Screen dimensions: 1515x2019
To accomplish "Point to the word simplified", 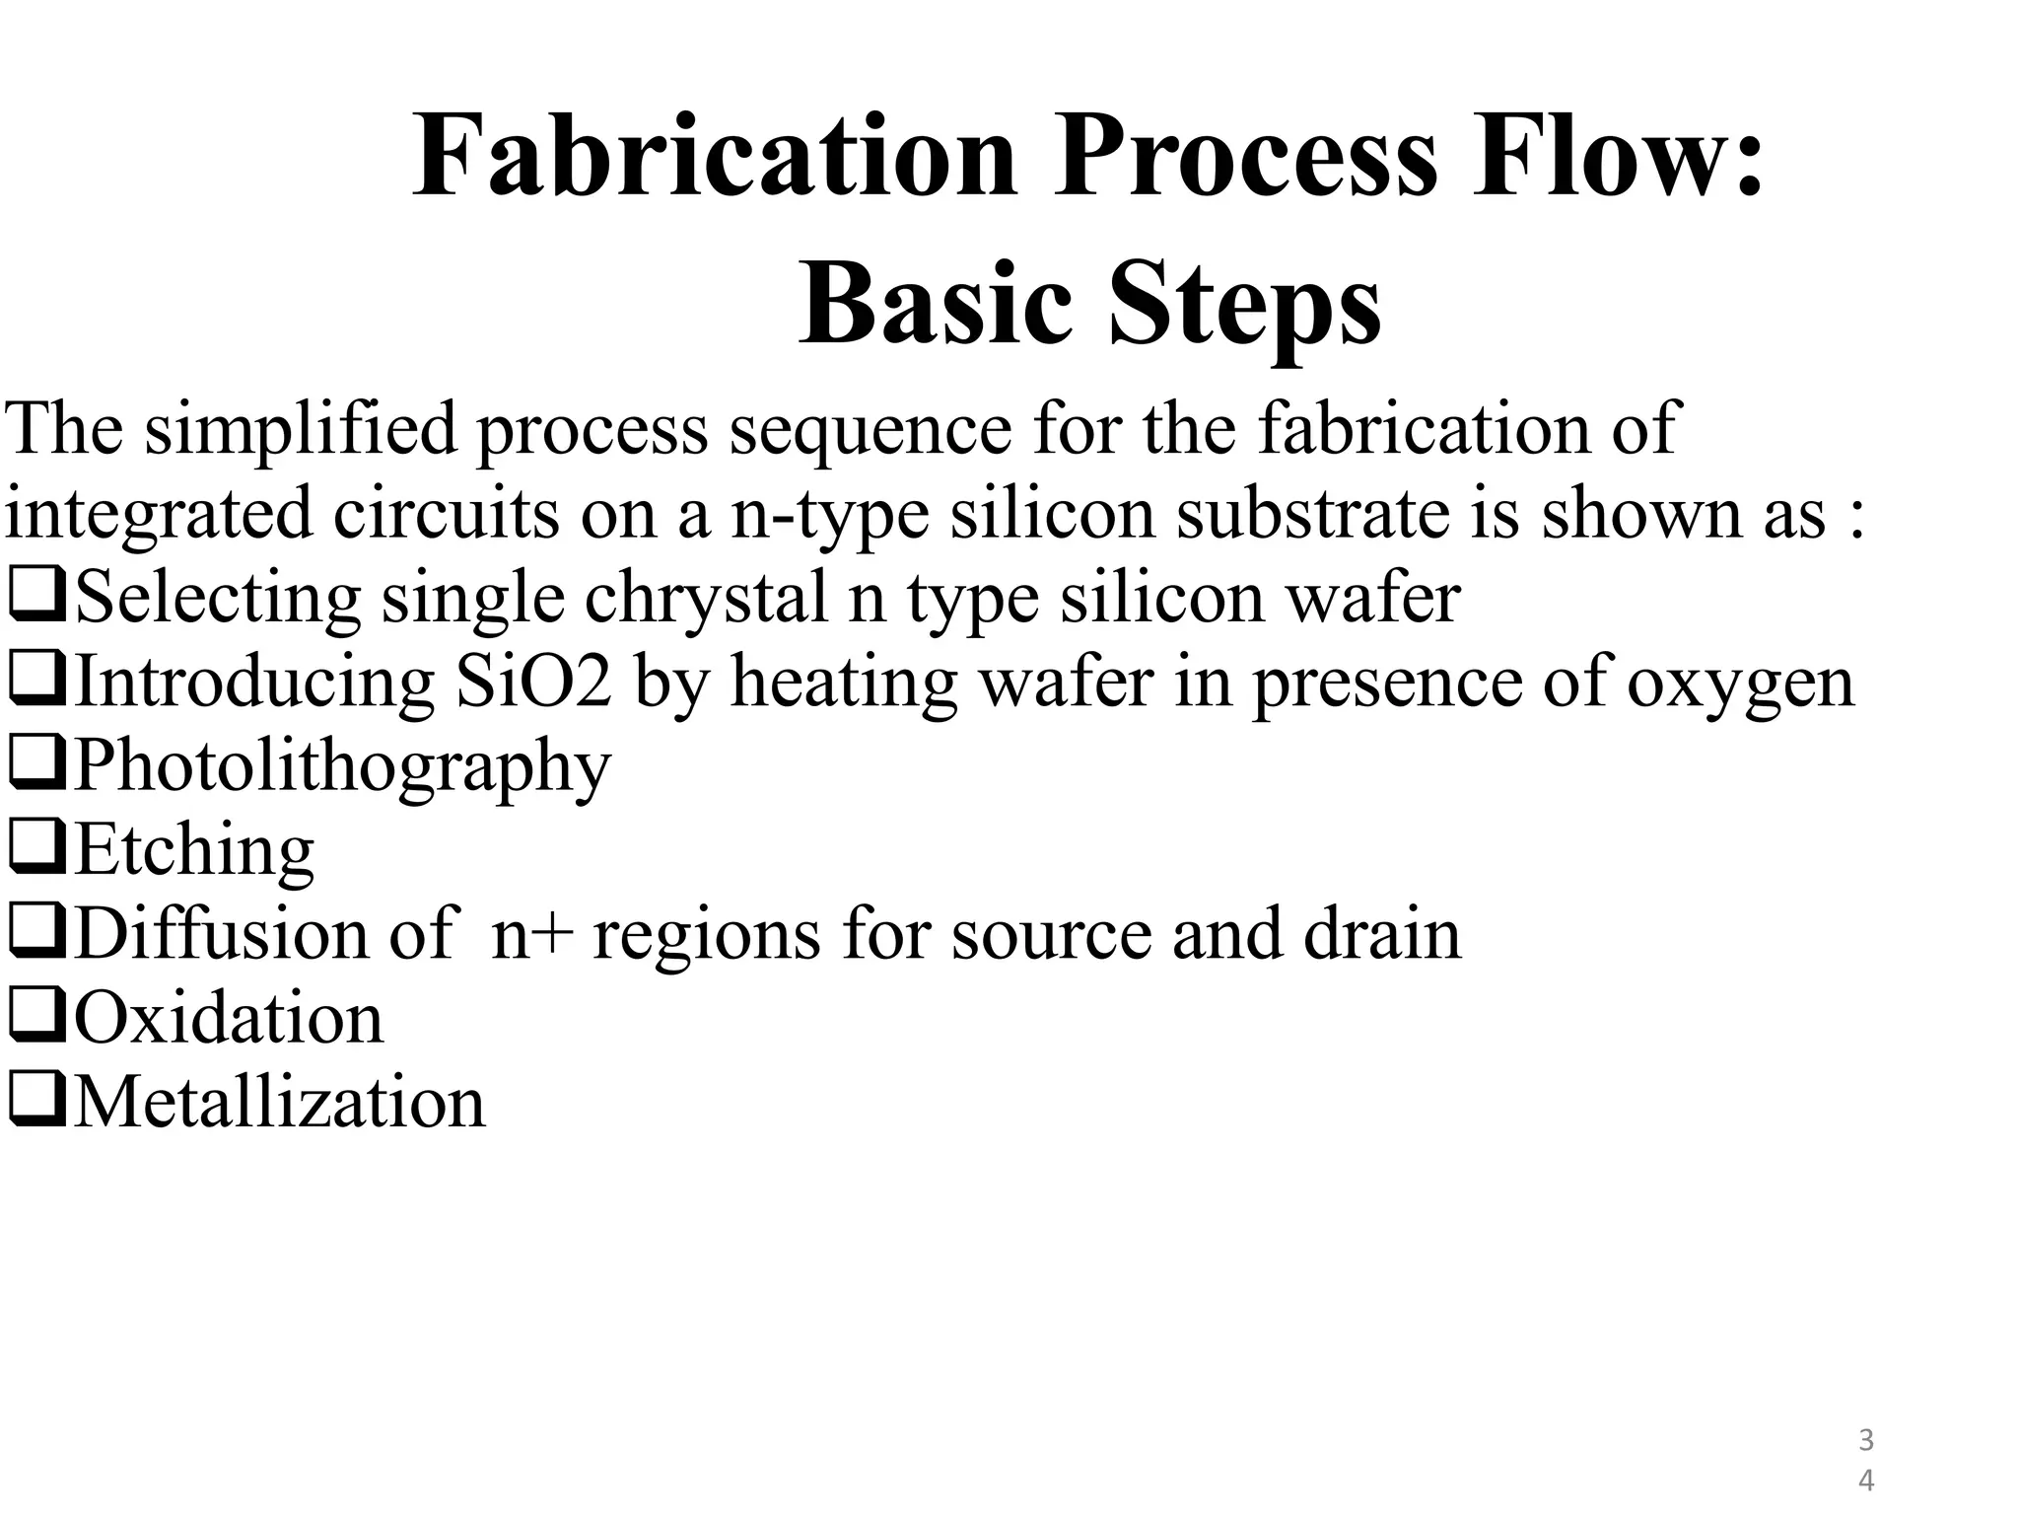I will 301,431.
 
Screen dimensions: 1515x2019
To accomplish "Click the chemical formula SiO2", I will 533,683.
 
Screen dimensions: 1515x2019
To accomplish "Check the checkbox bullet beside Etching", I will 36,849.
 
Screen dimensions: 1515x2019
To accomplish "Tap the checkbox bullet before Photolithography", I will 36,765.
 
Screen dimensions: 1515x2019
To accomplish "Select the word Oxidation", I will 229,1018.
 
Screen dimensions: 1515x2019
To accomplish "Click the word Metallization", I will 280,1102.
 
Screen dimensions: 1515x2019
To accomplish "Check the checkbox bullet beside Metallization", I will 36,1102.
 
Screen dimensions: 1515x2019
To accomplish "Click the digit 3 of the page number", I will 1865,1441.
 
